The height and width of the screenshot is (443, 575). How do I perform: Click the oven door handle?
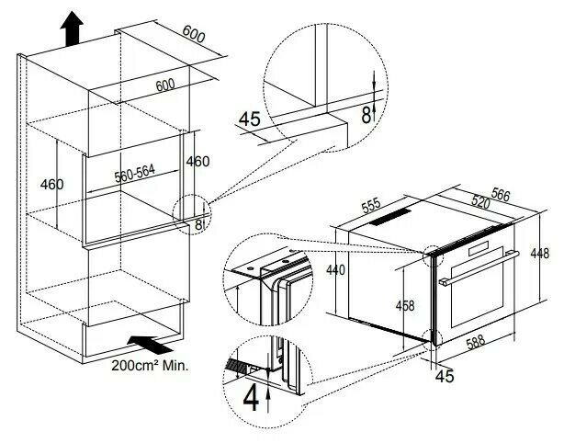click(x=479, y=267)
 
